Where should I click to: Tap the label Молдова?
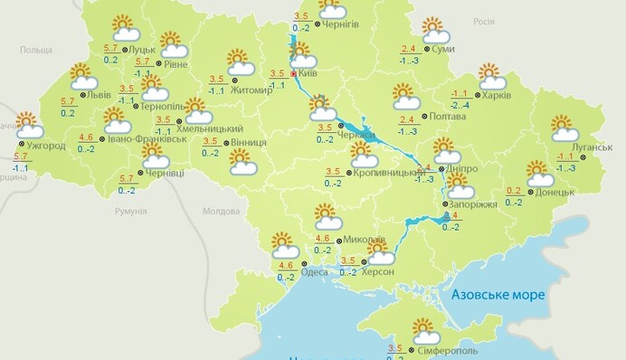220,211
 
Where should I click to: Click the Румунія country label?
130,211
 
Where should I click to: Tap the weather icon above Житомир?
239,62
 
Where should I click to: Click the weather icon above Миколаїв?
327,216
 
